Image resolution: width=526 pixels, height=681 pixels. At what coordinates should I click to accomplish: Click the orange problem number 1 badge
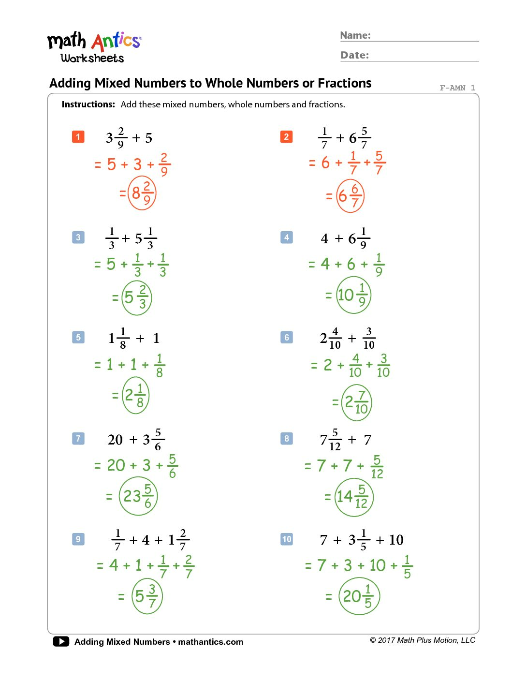78,137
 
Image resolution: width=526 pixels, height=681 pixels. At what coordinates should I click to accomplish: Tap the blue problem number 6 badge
287,337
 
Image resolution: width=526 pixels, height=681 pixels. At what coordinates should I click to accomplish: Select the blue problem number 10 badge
287,539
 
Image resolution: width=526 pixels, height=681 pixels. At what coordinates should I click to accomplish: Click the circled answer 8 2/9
142,193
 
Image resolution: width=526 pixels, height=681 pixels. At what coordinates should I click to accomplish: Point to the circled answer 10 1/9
353,295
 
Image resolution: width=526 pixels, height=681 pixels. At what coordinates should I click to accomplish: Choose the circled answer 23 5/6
138,496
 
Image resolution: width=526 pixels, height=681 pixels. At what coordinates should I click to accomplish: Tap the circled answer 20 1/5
359,596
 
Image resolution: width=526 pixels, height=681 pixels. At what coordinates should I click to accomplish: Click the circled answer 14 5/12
354,497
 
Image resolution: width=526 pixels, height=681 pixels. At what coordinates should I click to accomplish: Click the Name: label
355,35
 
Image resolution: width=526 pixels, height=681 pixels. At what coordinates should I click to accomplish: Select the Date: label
354,55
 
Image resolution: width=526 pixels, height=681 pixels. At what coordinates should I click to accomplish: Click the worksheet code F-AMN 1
457,88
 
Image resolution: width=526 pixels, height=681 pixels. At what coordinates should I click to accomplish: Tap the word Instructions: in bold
88,104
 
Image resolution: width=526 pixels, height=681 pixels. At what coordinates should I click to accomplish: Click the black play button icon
61,641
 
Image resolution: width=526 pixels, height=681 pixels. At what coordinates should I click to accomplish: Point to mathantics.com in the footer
211,642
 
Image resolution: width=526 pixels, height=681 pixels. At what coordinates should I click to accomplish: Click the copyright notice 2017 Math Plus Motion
423,640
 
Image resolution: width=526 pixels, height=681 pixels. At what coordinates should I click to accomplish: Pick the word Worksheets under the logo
92,59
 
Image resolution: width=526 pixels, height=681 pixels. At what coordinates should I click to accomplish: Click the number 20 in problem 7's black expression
115,440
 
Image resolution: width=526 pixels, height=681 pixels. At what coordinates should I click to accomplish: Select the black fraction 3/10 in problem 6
369,338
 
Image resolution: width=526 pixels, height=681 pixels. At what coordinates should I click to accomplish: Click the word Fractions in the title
344,83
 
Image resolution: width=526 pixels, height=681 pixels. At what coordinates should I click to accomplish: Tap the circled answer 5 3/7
146,596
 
